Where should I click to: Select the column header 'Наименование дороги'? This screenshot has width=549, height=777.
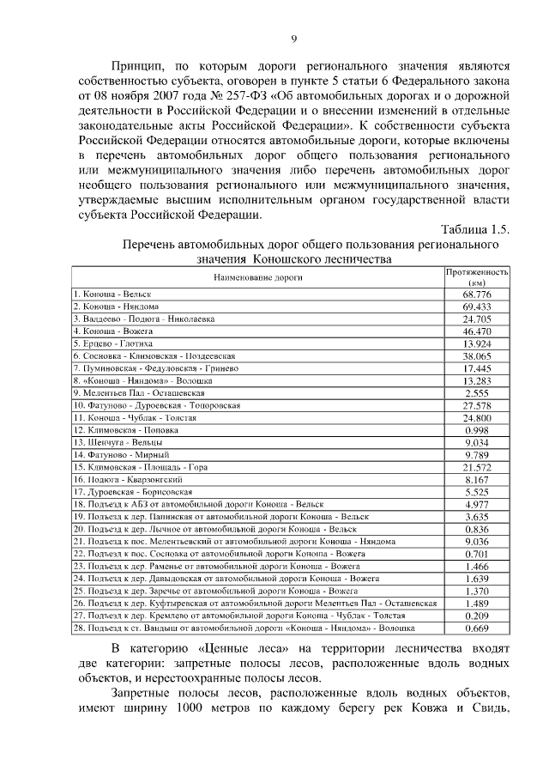tap(256, 278)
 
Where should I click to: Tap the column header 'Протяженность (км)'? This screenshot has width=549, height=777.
tap(477, 276)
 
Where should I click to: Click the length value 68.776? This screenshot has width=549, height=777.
tap(477, 294)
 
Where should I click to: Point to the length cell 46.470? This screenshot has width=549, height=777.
tap(477, 331)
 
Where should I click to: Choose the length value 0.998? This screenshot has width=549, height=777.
tap(477, 429)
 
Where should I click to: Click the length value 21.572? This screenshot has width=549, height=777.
tap(477, 467)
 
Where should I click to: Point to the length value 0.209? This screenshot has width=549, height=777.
tap(477, 616)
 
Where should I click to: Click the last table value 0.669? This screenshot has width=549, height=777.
tap(477, 628)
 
